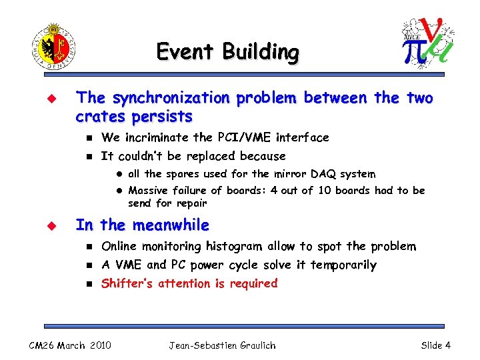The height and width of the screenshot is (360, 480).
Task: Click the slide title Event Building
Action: [x=227, y=52]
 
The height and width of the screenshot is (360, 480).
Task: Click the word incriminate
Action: [x=156, y=137]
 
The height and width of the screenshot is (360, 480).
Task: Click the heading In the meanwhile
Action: [x=142, y=225]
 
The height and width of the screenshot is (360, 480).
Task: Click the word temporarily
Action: [x=343, y=265]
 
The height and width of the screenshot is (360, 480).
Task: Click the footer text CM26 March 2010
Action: [x=70, y=345]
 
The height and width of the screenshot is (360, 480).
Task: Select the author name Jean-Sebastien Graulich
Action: [x=222, y=345]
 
